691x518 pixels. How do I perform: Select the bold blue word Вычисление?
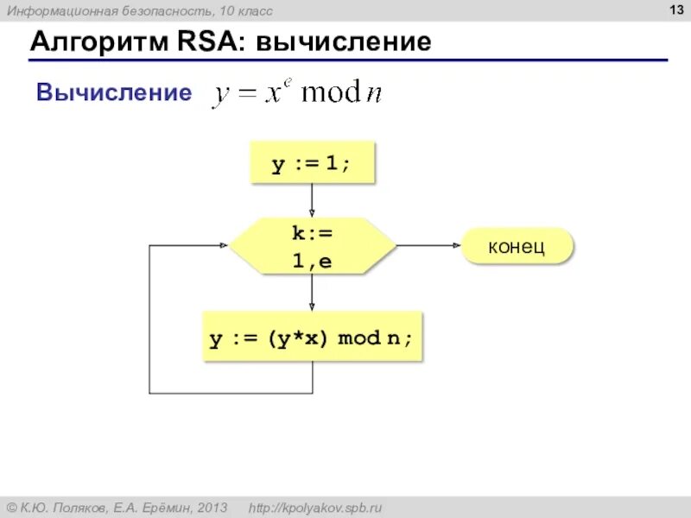tap(114, 92)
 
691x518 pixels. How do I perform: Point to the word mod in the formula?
tap(327, 93)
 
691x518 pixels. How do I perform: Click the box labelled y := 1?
tap(312, 163)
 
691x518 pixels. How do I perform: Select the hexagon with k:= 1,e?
tap(312, 246)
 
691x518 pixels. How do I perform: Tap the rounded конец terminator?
tap(517, 246)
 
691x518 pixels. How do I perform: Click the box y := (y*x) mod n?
tap(312, 338)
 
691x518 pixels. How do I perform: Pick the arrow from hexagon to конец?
tap(429, 246)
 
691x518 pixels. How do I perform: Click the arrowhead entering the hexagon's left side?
tap(223, 246)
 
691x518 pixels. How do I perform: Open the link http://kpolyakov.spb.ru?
tap(314, 507)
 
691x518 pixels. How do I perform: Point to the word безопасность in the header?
tap(148, 10)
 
